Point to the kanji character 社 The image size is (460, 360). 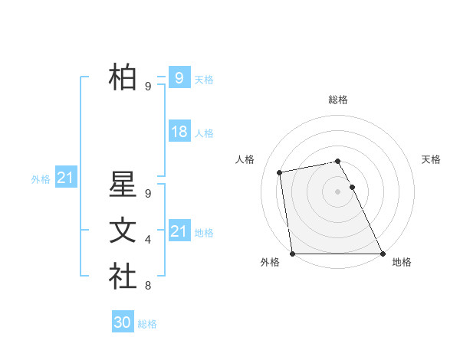pyautogui.click(x=123, y=276)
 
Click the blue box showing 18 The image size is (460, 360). pyautogui.click(x=179, y=132)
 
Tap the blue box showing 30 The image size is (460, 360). pyautogui.click(x=123, y=322)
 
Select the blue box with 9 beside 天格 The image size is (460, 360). pyautogui.click(x=179, y=77)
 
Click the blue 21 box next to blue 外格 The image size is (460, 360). pyautogui.click(x=66, y=178)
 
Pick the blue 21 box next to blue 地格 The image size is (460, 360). pyautogui.click(x=179, y=231)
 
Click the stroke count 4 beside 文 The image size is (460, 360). pyautogui.click(x=148, y=241)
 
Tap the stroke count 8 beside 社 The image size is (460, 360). pyautogui.click(x=148, y=286)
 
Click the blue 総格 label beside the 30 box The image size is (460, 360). pyautogui.click(x=147, y=324)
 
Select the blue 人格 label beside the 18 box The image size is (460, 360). pyautogui.click(x=204, y=133)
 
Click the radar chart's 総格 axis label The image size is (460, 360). pyautogui.click(x=337, y=100)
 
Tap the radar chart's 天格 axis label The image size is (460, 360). pyautogui.click(x=432, y=159)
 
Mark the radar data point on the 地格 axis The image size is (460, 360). pyautogui.click(x=383, y=254)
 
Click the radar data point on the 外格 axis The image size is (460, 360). pyautogui.click(x=292, y=254)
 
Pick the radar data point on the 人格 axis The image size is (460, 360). pyautogui.click(x=280, y=172)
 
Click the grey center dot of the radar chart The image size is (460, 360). pyautogui.click(x=337, y=191)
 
